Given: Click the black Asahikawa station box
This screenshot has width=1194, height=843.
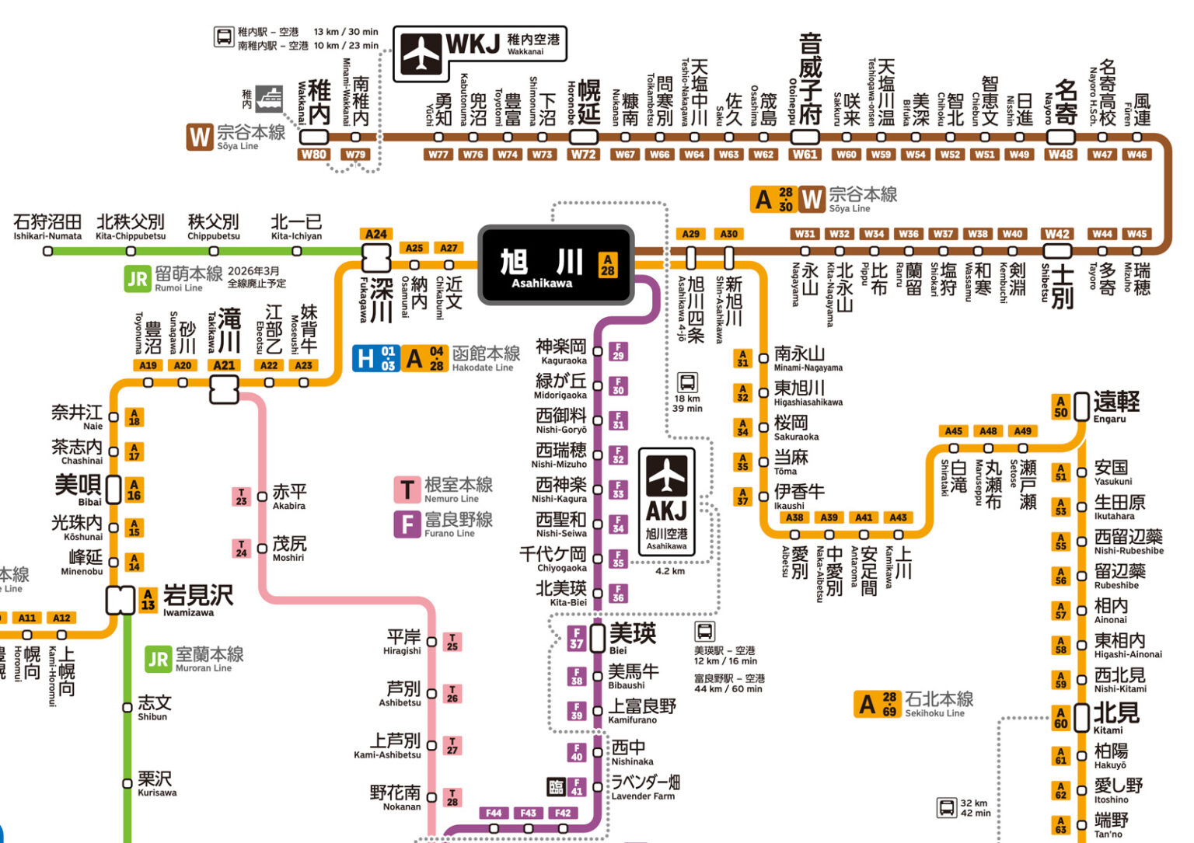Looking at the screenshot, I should [556, 266].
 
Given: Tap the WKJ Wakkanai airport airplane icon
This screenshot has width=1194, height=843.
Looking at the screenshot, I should [421, 53].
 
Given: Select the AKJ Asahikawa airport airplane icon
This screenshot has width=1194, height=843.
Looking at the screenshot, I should [666, 475].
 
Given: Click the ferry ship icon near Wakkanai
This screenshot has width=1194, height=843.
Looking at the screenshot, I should [269, 99].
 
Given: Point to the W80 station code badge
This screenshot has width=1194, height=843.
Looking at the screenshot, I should [313, 155].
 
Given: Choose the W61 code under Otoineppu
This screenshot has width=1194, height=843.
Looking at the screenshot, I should [805, 155].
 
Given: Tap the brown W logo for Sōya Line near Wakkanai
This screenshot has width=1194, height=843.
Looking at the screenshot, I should [199, 137].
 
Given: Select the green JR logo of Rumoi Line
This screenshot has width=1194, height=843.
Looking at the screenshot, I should [137, 279].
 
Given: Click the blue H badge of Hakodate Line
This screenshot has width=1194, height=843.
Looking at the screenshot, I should [365, 358].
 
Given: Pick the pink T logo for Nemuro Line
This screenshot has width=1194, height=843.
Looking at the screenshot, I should [407, 490].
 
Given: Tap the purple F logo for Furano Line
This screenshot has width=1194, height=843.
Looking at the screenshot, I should [407, 524].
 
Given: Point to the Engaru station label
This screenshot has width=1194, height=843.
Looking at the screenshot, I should [1115, 406].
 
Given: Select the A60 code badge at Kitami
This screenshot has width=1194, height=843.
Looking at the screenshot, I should [1060, 718].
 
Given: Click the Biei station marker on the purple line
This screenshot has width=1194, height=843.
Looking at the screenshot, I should [598, 638].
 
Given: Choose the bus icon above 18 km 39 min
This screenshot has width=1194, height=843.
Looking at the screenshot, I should [687, 382].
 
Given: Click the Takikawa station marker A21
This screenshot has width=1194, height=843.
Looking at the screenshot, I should [224, 388].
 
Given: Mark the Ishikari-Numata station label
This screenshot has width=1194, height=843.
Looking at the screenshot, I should [47, 225].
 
